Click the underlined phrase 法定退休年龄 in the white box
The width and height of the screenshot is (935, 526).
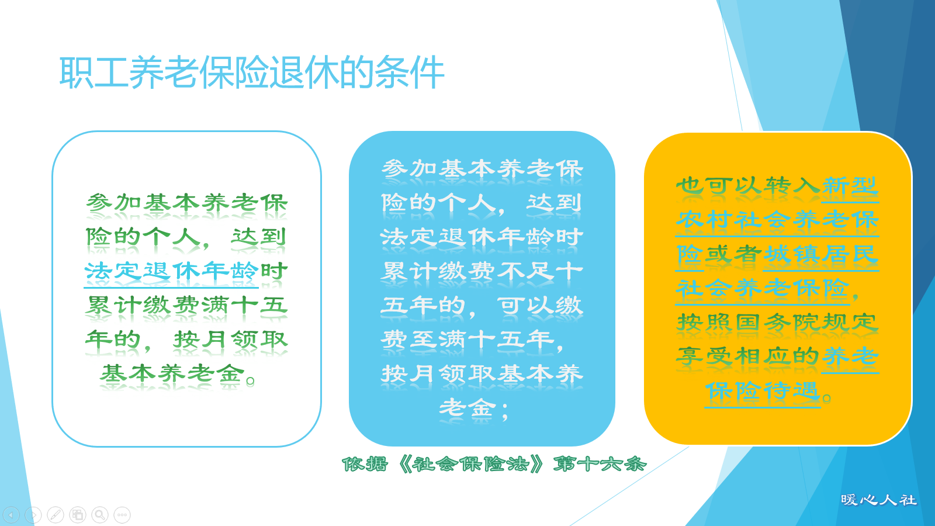tap(171, 271)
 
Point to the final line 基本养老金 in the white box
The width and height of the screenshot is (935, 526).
tap(172, 373)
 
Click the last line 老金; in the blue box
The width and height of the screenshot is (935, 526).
tap(473, 408)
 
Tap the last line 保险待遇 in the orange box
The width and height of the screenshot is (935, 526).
tap(762, 391)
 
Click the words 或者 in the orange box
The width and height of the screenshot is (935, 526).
tap(733, 254)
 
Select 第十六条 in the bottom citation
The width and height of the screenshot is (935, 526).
tap(599, 465)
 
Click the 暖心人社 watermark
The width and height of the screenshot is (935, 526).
tap(878, 500)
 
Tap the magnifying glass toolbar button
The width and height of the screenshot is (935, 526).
tap(100, 515)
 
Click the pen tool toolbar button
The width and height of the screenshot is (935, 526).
tap(56, 515)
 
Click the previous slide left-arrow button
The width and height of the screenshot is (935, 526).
tap(11, 515)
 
